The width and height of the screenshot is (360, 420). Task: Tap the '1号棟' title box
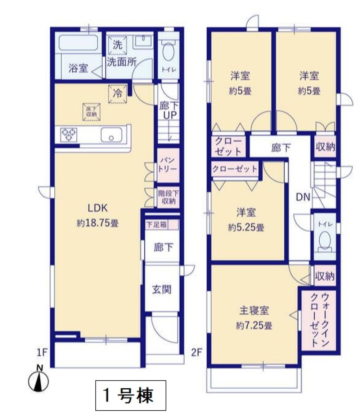tap(131, 395)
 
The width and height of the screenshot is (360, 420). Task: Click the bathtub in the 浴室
tap(78, 43)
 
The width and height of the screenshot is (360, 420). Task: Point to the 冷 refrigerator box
tap(117, 94)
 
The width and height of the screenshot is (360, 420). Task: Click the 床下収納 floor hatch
tap(91, 112)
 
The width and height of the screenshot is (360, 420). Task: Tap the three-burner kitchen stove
tap(69, 134)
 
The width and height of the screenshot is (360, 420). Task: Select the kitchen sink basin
tap(111, 135)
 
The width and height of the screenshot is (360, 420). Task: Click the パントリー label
tap(168, 165)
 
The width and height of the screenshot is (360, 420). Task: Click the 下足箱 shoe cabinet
tap(162, 224)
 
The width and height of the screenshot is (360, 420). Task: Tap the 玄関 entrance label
tap(162, 289)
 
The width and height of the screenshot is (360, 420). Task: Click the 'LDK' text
tap(98, 208)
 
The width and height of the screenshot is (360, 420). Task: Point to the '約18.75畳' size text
tap(98, 223)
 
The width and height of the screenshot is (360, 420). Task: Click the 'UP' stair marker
tap(170, 115)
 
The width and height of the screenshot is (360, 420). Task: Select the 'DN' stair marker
tap(303, 197)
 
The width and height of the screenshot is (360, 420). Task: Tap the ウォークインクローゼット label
tap(319, 320)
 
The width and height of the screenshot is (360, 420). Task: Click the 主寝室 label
tap(254, 310)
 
